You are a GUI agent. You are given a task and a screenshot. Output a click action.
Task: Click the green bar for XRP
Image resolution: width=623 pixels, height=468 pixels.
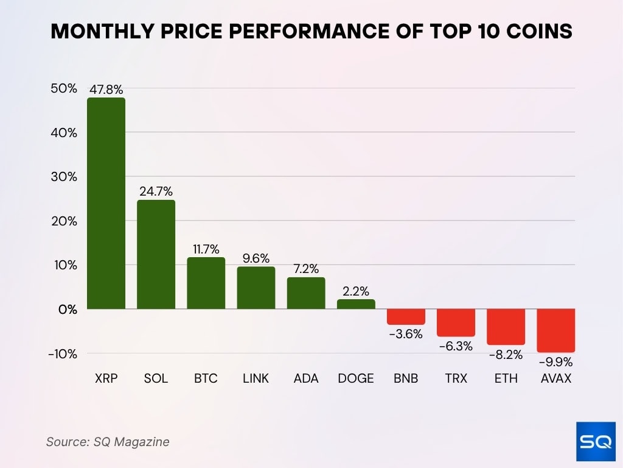click(106, 203)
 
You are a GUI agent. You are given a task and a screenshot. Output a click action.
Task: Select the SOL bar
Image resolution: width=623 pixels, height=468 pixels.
click(156, 254)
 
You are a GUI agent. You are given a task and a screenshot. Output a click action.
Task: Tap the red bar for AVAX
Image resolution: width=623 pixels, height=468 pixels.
click(556, 330)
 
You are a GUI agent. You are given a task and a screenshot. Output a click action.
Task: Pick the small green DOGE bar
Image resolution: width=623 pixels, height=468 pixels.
click(356, 304)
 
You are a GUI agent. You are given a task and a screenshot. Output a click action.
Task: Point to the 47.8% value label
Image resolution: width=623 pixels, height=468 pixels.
click(106, 89)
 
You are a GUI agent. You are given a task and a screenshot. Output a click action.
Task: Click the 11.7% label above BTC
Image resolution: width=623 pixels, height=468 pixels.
click(206, 249)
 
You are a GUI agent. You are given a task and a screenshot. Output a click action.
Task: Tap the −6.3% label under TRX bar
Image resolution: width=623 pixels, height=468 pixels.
click(456, 346)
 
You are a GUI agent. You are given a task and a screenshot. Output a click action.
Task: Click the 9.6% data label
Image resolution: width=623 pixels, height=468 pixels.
click(256, 258)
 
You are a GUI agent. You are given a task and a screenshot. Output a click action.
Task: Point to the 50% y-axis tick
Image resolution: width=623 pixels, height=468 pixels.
click(64, 88)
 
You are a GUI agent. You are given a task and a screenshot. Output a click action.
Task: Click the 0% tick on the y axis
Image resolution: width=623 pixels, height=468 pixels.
click(67, 310)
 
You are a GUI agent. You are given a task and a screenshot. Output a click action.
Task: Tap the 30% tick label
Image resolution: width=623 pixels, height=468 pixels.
click(64, 177)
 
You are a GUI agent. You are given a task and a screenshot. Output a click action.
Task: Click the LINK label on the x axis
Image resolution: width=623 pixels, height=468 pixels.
click(256, 378)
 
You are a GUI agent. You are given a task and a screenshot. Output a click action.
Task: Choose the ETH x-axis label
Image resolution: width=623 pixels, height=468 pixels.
click(506, 378)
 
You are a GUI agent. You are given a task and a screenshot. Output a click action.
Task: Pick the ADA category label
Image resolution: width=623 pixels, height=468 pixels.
click(306, 378)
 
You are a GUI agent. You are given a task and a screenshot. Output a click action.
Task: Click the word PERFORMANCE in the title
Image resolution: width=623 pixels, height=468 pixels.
click(315, 32)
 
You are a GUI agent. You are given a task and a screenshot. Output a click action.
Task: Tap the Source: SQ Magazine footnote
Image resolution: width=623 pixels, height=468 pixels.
click(108, 442)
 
